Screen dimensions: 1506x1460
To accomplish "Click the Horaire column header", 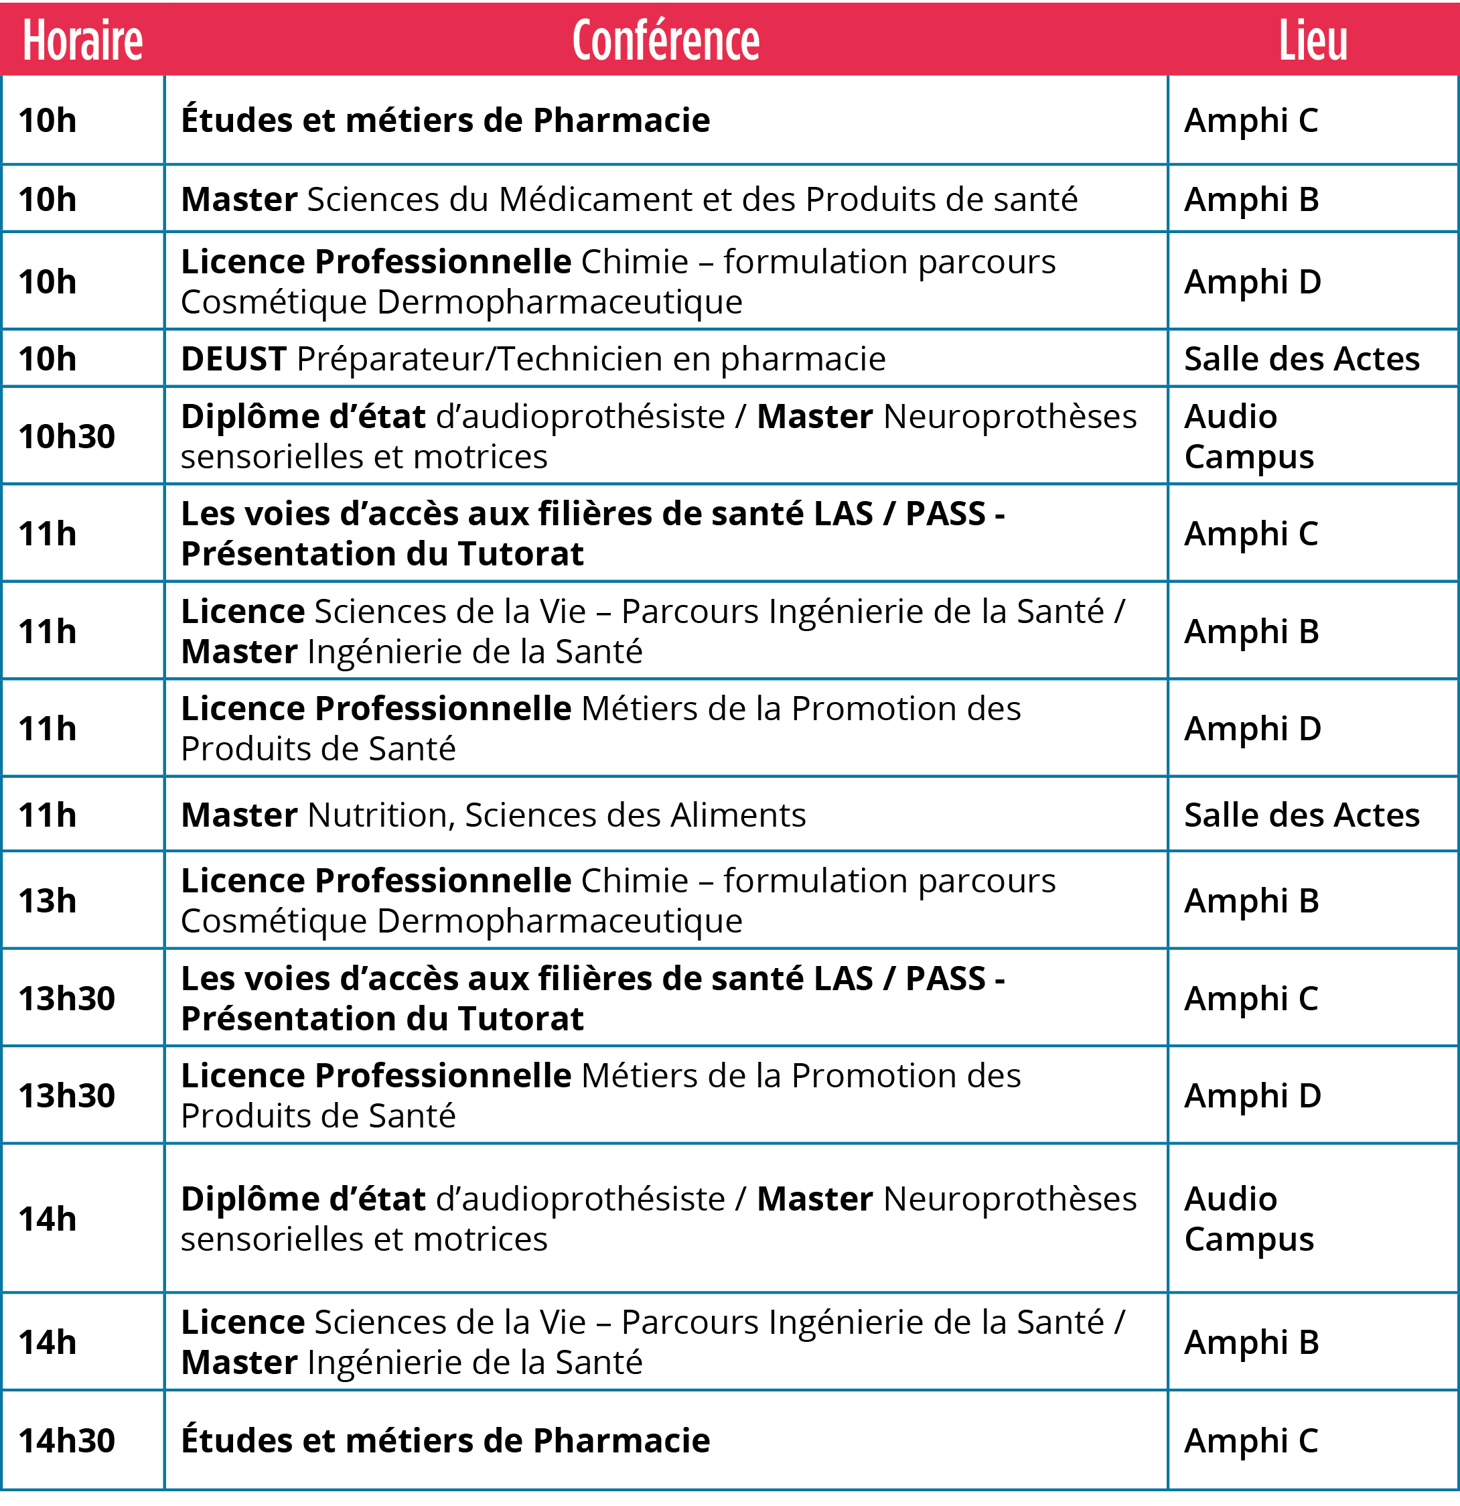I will click(83, 41).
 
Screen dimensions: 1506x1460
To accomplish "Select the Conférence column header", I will click(666, 41).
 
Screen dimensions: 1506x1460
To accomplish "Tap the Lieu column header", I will click(1313, 41).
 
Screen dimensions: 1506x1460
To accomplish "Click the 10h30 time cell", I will click(67, 436).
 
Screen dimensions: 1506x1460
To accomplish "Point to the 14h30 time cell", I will click(67, 1442).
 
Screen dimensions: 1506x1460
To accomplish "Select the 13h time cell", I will click(48, 900).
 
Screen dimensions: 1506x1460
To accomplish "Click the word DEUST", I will click(234, 359).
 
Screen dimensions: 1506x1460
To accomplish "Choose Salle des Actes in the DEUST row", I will click(1302, 359).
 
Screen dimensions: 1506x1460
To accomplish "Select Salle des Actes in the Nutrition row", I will click(1302, 815).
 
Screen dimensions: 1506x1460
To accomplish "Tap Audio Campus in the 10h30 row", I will click(1249, 436).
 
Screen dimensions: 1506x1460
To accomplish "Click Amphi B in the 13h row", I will click(1251, 900).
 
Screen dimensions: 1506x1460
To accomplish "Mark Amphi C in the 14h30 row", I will click(1251, 1442).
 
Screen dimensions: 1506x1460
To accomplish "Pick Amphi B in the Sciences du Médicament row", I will click(1251, 200).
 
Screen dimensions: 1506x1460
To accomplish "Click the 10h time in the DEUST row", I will click(48, 359).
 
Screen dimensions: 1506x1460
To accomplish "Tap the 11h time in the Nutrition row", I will click(48, 815).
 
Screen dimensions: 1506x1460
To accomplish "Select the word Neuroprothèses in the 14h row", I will click(1010, 1199).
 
